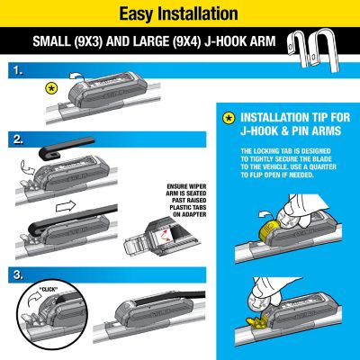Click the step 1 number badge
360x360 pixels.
[x=14, y=69]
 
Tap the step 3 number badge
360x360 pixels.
[x=14, y=273]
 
